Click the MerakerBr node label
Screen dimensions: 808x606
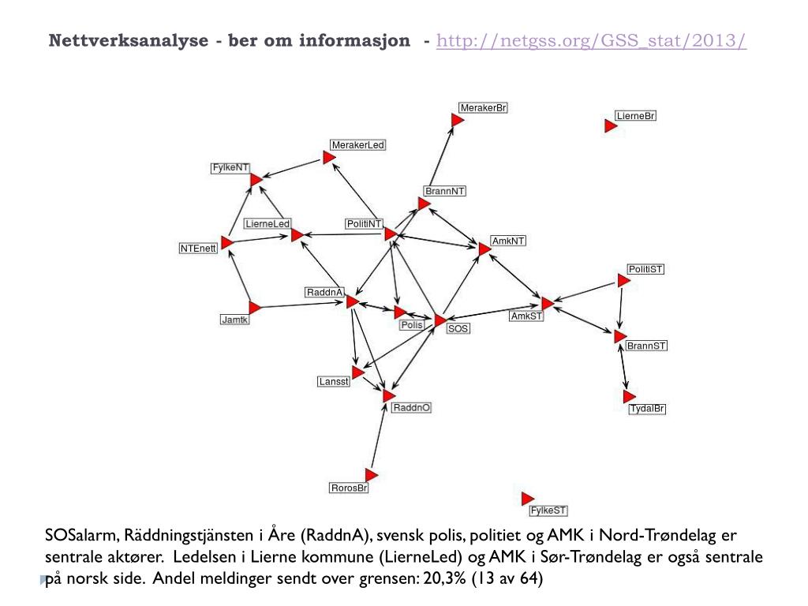pyautogui.click(x=483, y=107)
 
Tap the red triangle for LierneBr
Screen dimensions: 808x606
pyautogui.click(x=609, y=126)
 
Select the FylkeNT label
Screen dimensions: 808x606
pyautogui.click(x=230, y=168)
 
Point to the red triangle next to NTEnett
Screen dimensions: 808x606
pyautogui.click(x=227, y=242)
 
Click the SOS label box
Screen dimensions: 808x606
pyautogui.click(x=458, y=328)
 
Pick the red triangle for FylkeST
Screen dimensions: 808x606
pyautogui.click(x=527, y=499)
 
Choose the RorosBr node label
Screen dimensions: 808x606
pyautogui.click(x=350, y=488)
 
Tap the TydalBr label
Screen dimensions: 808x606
pyautogui.click(x=647, y=409)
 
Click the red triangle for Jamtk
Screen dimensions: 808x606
pyautogui.click(x=254, y=307)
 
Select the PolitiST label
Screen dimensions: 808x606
pyautogui.click(x=645, y=269)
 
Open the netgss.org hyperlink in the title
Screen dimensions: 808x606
pyautogui.click(x=591, y=41)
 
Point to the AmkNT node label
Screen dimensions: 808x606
pyautogui.click(x=508, y=240)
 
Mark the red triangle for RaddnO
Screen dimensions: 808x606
pyautogui.click(x=388, y=395)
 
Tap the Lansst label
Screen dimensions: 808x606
pyautogui.click(x=333, y=382)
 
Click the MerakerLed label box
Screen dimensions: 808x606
pyautogui.click(x=358, y=145)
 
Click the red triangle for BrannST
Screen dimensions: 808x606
pyautogui.click(x=619, y=337)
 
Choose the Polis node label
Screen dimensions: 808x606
pyautogui.click(x=412, y=325)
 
